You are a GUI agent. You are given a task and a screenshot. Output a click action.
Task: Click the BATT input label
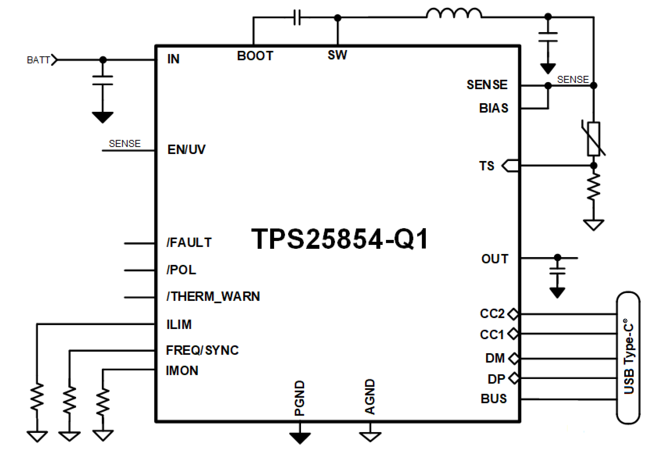coord(39,60)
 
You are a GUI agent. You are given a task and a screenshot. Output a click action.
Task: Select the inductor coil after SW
coord(454,14)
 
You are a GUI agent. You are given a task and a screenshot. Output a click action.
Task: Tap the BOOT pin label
coord(255,56)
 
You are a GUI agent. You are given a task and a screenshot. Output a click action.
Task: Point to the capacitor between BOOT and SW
coord(297,18)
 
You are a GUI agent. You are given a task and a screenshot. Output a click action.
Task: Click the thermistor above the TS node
coord(593,139)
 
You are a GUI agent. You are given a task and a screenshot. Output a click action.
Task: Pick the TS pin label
coord(486,166)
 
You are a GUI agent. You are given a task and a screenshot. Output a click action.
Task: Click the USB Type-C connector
coord(629,358)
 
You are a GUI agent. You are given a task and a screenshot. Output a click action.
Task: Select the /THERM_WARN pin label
coord(213,297)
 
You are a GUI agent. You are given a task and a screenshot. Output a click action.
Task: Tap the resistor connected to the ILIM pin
coord(37,397)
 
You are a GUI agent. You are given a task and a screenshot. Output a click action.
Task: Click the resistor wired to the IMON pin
coord(103,402)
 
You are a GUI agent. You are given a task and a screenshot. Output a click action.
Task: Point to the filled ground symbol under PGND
coord(300,438)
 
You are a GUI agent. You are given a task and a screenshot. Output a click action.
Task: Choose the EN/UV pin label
coord(186,149)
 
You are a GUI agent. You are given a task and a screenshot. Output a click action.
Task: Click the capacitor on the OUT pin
coord(557,271)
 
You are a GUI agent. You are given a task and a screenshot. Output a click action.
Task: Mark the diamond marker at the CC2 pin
coord(513,314)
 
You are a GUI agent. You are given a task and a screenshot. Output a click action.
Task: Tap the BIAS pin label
coord(494,109)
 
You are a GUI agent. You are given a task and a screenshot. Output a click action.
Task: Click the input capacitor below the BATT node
coord(103,80)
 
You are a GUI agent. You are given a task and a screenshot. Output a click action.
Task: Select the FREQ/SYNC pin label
coord(202,350)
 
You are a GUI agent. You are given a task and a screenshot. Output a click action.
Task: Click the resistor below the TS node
coord(593,186)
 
